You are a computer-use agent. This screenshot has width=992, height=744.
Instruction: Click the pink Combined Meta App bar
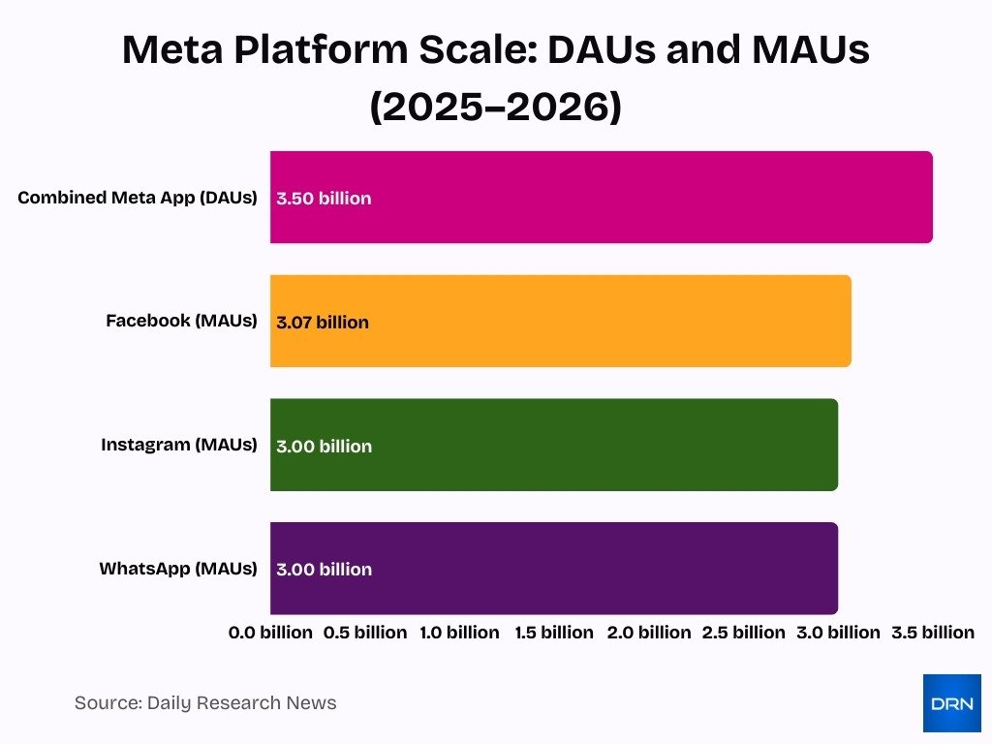(x=601, y=197)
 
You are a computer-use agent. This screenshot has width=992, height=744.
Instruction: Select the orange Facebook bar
(x=560, y=321)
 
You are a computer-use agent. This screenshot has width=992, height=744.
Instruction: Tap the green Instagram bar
(x=553, y=445)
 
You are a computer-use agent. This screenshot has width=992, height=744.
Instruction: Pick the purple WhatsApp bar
(x=553, y=568)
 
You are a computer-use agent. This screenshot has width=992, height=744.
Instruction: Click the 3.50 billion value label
(x=324, y=199)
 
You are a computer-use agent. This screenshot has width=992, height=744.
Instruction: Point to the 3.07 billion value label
(x=323, y=323)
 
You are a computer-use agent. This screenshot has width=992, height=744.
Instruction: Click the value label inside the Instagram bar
(x=324, y=447)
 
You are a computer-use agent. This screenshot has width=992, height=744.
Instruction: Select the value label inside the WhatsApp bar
(x=324, y=570)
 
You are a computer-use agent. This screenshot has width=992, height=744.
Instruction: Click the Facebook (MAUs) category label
(x=181, y=321)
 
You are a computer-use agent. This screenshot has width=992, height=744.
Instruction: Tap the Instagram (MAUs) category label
(x=179, y=445)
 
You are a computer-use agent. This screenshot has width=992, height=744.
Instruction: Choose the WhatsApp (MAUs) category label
(x=178, y=569)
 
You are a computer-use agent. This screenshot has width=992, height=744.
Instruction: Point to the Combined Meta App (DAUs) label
(x=138, y=198)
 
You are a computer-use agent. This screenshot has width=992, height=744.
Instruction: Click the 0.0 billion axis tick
(x=270, y=633)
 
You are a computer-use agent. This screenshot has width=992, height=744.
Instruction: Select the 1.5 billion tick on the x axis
(x=554, y=633)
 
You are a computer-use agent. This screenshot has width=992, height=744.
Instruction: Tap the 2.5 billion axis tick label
(x=744, y=633)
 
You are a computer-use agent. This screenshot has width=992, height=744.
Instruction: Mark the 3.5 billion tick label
(x=933, y=633)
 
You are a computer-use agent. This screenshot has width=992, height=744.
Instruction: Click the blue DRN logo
(x=951, y=703)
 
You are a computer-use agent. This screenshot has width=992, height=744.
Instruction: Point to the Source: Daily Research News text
(x=205, y=702)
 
